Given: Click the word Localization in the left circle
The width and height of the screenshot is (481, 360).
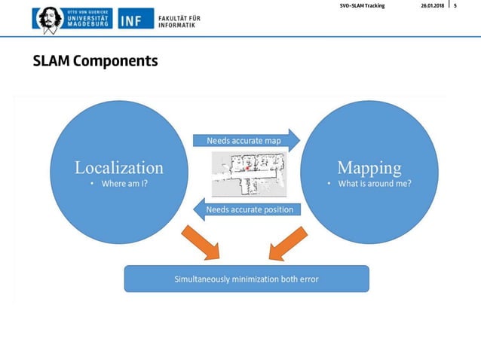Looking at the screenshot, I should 118,167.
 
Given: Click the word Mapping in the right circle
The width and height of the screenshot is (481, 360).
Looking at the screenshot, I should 369,167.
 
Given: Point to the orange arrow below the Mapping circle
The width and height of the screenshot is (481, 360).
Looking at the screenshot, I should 285,243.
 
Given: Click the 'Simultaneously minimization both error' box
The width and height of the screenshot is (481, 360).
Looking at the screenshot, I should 247,279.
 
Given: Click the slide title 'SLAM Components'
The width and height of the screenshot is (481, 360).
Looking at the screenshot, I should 95,61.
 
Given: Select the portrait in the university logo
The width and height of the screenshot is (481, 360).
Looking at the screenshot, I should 50,18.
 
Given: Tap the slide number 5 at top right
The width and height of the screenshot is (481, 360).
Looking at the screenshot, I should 455,6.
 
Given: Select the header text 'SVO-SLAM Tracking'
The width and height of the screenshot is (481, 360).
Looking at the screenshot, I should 362,6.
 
